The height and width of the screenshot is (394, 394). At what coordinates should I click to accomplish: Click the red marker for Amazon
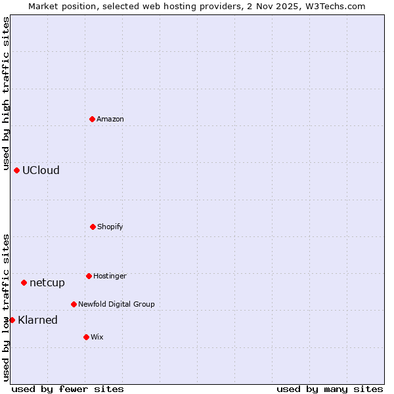click(93, 119)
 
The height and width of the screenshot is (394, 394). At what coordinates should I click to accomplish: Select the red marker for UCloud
click(17, 170)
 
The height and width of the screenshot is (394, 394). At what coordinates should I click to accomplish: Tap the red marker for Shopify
click(93, 227)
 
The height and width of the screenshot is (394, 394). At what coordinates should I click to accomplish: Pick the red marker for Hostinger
click(89, 276)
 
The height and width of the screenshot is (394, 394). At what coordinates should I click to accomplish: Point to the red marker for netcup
click(24, 282)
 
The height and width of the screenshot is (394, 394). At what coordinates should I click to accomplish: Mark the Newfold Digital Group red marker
click(74, 304)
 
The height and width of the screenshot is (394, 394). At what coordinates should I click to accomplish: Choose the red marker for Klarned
click(12, 320)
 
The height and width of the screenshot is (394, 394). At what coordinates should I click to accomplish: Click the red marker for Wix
click(86, 337)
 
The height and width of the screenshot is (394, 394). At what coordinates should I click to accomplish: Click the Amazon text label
click(110, 119)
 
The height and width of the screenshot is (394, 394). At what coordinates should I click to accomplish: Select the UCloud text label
click(41, 170)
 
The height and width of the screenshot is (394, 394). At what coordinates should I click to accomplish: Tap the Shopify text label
click(110, 227)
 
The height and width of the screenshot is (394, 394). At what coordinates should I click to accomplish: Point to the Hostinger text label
click(110, 276)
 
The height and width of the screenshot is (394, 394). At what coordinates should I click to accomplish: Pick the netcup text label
click(47, 282)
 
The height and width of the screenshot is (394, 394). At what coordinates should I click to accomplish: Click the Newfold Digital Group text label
click(116, 304)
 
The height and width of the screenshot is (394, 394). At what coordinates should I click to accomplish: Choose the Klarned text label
click(37, 320)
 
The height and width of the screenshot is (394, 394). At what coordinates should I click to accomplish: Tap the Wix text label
click(97, 337)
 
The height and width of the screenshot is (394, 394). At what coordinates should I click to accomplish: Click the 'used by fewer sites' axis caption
click(68, 389)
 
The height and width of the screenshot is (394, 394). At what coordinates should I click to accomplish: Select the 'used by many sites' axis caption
click(330, 389)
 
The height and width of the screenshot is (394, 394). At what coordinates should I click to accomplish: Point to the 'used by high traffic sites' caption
click(6, 92)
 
